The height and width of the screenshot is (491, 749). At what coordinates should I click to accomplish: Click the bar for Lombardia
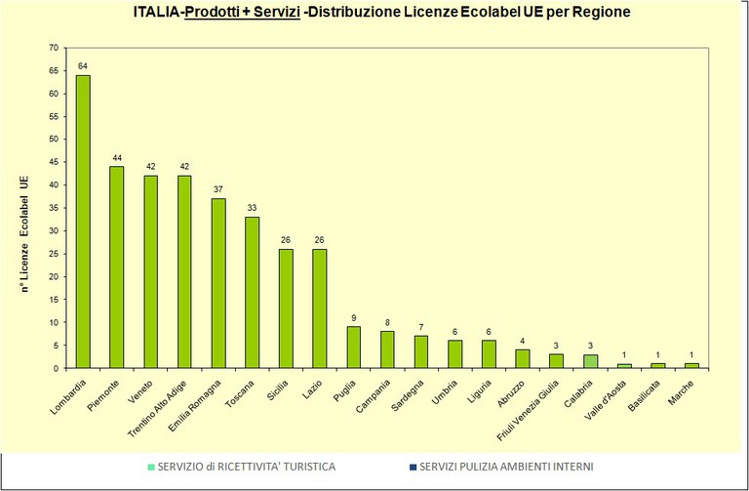coord(83,222)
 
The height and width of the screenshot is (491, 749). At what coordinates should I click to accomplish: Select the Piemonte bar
coord(117,267)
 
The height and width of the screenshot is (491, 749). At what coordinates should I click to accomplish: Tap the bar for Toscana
coord(252,293)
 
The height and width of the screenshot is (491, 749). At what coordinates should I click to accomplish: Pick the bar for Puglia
coord(353,348)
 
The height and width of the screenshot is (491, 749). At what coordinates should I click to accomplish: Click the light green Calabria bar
coord(589,361)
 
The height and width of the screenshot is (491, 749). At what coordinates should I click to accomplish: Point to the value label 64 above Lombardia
coord(83,67)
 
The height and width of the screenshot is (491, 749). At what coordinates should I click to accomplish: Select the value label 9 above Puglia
coord(353,318)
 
